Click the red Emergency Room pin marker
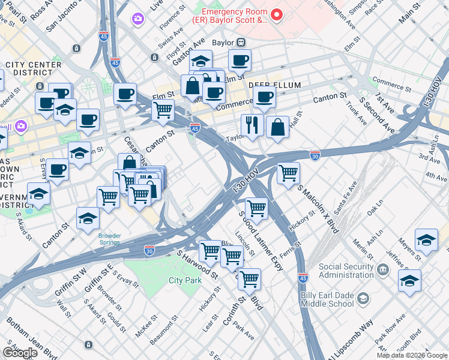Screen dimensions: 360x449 pyautogui.click(x=277, y=14)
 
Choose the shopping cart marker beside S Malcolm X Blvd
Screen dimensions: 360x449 pyautogui.click(x=289, y=174)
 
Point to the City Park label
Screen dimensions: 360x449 pyautogui.click(x=185, y=280)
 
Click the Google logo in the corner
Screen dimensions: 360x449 pyautogui.click(x=20, y=353)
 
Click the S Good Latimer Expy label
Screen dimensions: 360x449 pyautogui.click(x=262, y=241)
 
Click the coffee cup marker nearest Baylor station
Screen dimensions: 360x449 pyautogui.click(x=240, y=61)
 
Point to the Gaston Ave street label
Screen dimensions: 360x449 pyautogui.click(x=188, y=49)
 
